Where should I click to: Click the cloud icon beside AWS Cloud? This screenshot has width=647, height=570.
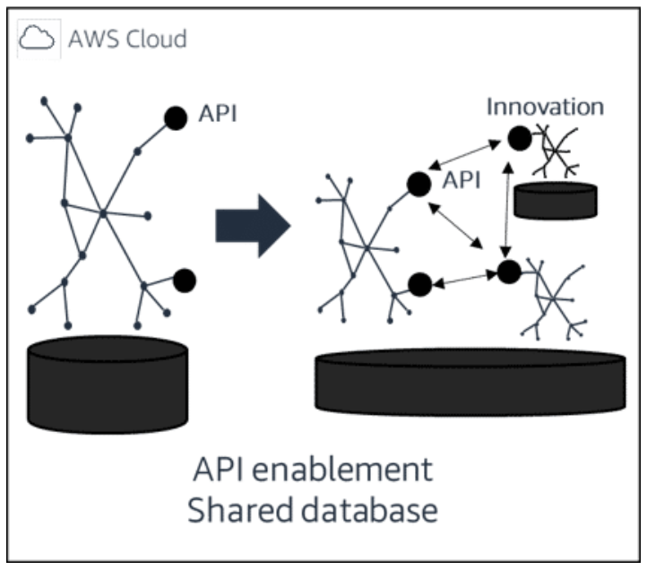coord(38,39)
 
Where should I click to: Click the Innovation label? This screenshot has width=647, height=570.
coord(544,108)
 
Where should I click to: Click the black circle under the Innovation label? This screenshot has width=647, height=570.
coord(518,138)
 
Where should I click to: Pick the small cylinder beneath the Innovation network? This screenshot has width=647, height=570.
coord(556,199)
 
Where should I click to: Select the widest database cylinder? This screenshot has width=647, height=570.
coord(470,382)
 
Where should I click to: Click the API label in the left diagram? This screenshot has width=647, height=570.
coord(217,115)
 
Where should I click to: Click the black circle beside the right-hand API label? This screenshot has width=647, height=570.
coord(416,184)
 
